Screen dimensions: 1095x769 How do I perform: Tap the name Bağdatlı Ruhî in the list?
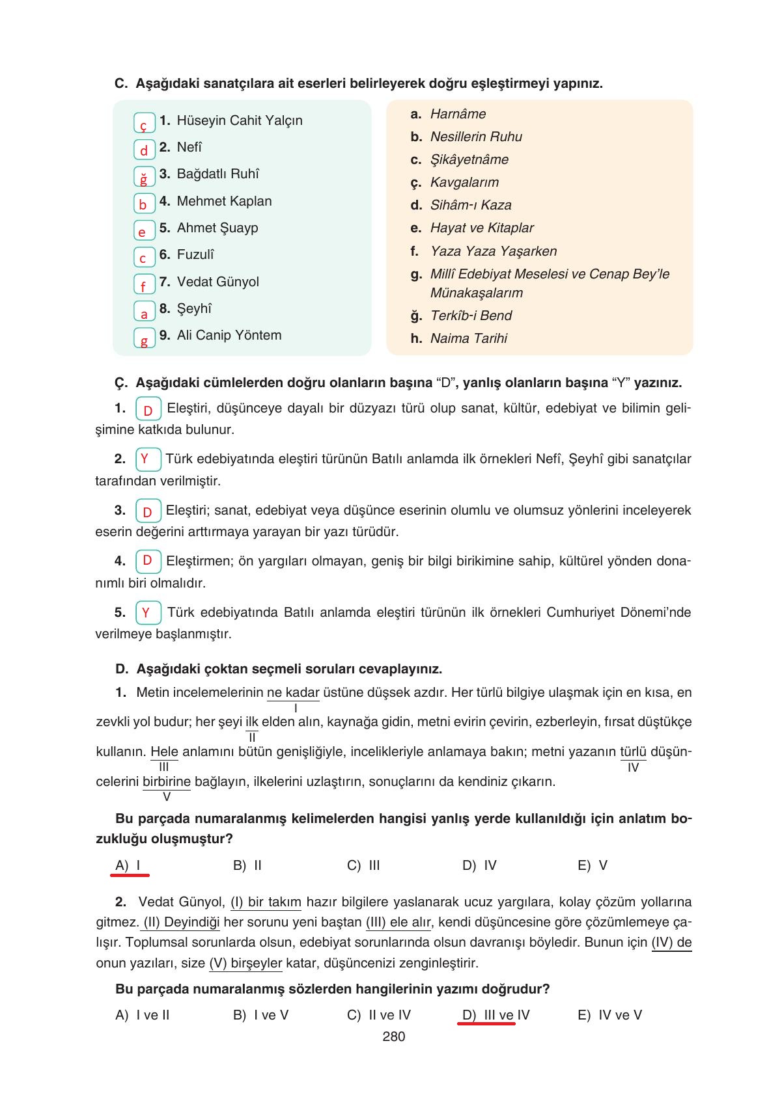[x=217, y=174]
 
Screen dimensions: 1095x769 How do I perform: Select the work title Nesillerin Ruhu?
[x=476, y=137]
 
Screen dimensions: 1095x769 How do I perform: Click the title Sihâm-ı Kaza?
[x=471, y=205]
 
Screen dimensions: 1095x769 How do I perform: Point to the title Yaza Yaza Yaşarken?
[x=493, y=251]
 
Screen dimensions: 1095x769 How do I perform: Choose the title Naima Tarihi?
[x=468, y=338]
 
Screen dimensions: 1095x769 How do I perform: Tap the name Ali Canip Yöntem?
[x=229, y=335]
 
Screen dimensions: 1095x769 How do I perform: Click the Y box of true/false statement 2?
[x=148, y=459]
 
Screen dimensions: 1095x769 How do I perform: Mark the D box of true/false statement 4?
[x=148, y=561]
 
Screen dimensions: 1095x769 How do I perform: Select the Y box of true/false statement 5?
[x=148, y=612]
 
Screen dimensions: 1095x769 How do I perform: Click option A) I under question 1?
[x=128, y=865]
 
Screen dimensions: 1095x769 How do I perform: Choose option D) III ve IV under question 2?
[x=496, y=1015]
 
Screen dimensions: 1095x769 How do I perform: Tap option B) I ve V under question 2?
[x=260, y=1015]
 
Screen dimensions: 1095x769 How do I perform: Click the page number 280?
[x=394, y=1036]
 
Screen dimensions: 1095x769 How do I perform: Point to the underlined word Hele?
[x=164, y=751]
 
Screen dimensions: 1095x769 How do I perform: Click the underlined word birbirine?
[x=167, y=781]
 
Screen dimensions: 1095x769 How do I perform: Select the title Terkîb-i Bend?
[x=471, y=316]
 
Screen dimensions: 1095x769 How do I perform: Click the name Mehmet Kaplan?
[x=224, y=201]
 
